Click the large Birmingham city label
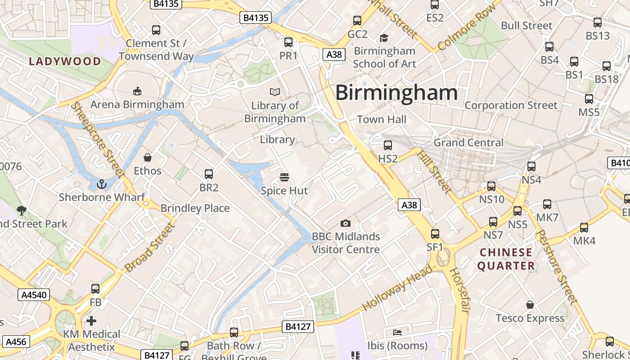(396, 93)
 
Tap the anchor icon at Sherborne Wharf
(102, 184)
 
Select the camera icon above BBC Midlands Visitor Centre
(345, 223)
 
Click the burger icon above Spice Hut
(284, 177)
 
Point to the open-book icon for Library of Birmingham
(275, 92)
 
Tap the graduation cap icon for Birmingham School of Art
(384, 37)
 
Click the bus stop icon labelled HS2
(387, 145)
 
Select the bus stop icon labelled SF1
(435, 234)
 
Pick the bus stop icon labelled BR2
(208, 174)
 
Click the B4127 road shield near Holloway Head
(298, 327)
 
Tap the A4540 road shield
(34, 295)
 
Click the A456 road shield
(16, 342)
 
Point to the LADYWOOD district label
(65, 62)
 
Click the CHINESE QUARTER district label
(506, 259)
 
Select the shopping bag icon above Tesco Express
(530, 305)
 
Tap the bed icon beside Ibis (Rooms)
(397, 333)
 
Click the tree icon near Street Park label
(21, 210)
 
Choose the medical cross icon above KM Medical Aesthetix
(91, 321)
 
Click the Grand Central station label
(468, 143)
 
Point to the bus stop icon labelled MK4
(584, 228)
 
